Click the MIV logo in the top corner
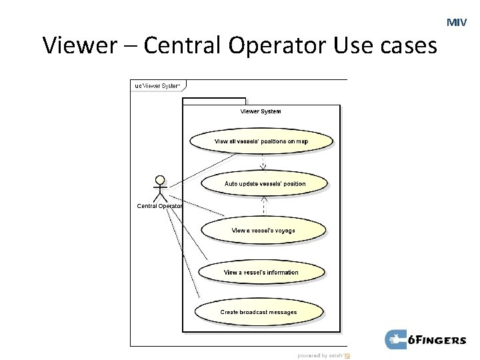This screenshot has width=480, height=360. click(x=457, y=23)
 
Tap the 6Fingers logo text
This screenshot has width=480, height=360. click(x=438, y=341)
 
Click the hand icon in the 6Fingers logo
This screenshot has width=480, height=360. click(x=396, y=340)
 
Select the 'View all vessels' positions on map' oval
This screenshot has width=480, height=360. click(x=261, y=141)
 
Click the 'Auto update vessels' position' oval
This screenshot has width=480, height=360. click(x=265, y=183)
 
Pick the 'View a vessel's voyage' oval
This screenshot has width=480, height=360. click(x=263, y=230)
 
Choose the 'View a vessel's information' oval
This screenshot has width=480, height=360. click(x=261, y=272)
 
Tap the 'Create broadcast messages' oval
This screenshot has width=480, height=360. click(x=259, y=312)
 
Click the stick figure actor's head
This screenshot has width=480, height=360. click(x=160, y=180)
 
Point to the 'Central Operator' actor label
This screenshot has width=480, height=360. click(x=159, y=206)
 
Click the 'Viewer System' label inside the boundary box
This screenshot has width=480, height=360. click(x=261, y=111)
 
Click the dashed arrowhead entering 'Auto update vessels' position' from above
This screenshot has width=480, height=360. click(x=263, y=167)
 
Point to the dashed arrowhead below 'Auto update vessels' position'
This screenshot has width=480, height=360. click(x=264, y=199)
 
